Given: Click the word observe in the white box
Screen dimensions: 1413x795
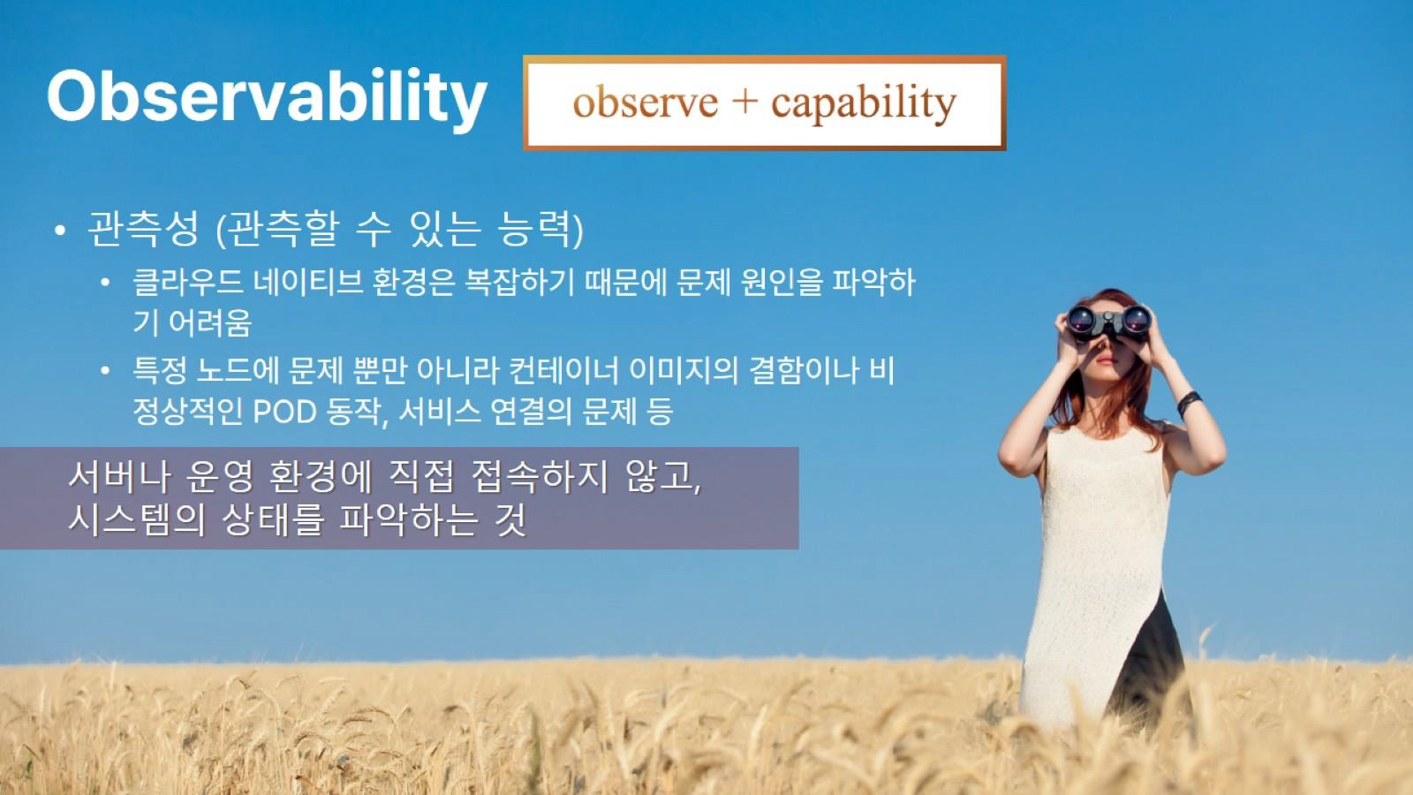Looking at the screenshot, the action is tap(646, 102).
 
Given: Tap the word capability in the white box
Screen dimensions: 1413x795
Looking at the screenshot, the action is tap(864, 105).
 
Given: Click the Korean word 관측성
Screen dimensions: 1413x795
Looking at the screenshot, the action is tap(143, 228).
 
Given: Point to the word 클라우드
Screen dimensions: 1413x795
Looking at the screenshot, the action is tap(188, 282).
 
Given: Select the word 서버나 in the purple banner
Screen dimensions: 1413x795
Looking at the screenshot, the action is tap(119, 477).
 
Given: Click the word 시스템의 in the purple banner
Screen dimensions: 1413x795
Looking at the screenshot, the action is tap(137, 520).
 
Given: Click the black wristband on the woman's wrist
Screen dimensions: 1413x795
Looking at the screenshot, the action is tap(1189, 403).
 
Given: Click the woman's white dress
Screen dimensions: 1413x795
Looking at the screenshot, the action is tap(1094, 568).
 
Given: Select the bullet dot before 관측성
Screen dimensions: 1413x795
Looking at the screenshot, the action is tap(60, 231).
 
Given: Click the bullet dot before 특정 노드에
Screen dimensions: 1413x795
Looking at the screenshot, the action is tap(106, 370).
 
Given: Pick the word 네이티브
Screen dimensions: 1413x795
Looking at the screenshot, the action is tap(308, 282).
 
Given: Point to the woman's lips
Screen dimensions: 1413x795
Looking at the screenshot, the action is tap(1106, 360).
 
